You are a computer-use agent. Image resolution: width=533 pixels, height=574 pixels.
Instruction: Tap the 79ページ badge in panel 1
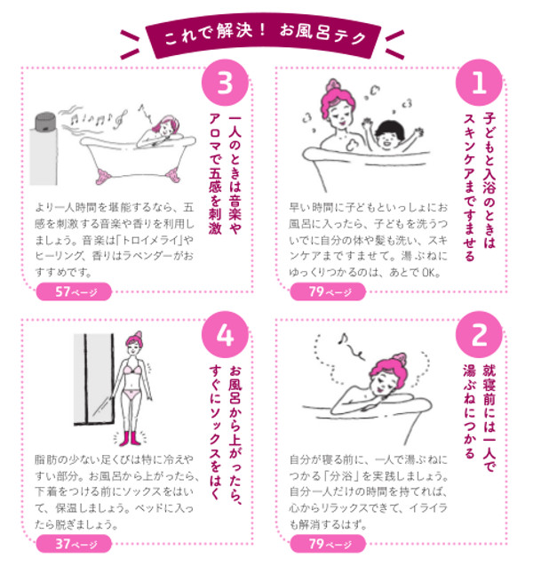(x=330, y=291)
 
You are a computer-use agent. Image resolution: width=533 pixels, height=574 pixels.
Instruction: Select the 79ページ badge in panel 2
(x=330, y=544)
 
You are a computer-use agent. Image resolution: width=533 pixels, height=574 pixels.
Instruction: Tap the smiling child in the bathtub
(x=387, y=140)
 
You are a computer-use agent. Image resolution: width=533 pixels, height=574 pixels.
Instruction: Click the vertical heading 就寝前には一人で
(x=493, y=414)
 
